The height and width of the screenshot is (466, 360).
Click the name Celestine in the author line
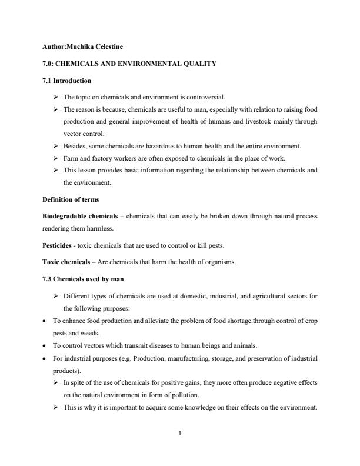pos(108,46)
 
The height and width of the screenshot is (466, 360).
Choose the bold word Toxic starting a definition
pos(51,262)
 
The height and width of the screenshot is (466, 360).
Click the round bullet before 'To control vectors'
pos(45,345)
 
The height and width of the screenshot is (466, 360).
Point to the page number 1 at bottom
pos(180,436)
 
